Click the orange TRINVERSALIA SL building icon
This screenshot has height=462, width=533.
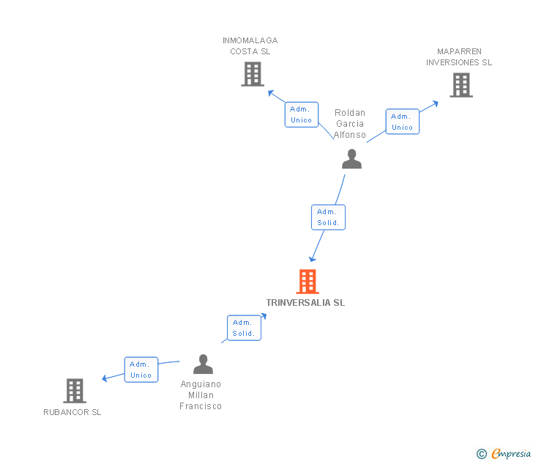click(307, 282)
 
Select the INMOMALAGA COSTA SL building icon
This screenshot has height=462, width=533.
click(253, 74)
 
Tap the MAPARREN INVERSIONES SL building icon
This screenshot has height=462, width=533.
click(461, 85)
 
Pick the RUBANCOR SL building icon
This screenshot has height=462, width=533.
click(75, 391)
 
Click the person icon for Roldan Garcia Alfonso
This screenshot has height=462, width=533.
click(352, 159)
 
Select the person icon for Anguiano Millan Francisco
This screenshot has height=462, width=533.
click(203, 364)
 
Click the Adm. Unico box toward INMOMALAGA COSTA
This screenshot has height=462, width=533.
click(302, 114)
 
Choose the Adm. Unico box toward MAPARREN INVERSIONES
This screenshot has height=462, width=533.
click(403, 122)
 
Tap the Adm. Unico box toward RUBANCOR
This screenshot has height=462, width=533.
click(141, 370)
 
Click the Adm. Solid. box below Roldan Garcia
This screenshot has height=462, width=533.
click(328, 217)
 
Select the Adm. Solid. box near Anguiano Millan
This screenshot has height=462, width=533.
click(244, 328)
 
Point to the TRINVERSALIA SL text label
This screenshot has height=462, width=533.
click(305, 303)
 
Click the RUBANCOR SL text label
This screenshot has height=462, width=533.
click(72, 412)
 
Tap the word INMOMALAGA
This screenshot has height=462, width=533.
click(250, 40)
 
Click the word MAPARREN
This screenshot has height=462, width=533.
click(459, 51)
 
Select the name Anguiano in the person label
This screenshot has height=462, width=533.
click(201, 384)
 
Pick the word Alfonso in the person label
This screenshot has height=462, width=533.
click(350, 135)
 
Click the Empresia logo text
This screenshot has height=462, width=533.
click(511, 453)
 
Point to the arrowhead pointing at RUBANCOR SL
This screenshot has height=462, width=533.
click(105, 378)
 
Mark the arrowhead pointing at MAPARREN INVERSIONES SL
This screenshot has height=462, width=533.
click(435, 103)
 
